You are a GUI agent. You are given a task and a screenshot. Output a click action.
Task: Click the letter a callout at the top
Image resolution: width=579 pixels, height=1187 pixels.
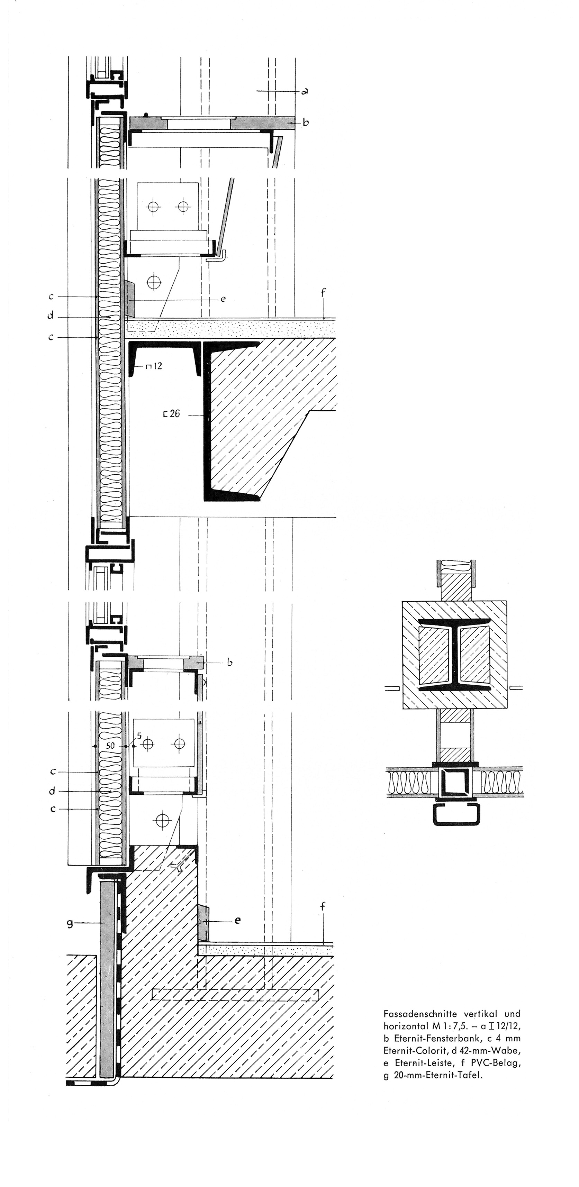(x=305, y=92)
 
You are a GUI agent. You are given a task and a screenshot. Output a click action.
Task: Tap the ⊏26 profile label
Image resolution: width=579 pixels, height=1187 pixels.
(x=172, y=414)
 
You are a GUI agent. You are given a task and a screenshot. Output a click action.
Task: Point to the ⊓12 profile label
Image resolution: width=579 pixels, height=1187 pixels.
(x=154, y=366)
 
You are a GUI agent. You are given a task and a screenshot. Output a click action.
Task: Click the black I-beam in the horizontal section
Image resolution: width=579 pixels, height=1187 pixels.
(x=454, y=654)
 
